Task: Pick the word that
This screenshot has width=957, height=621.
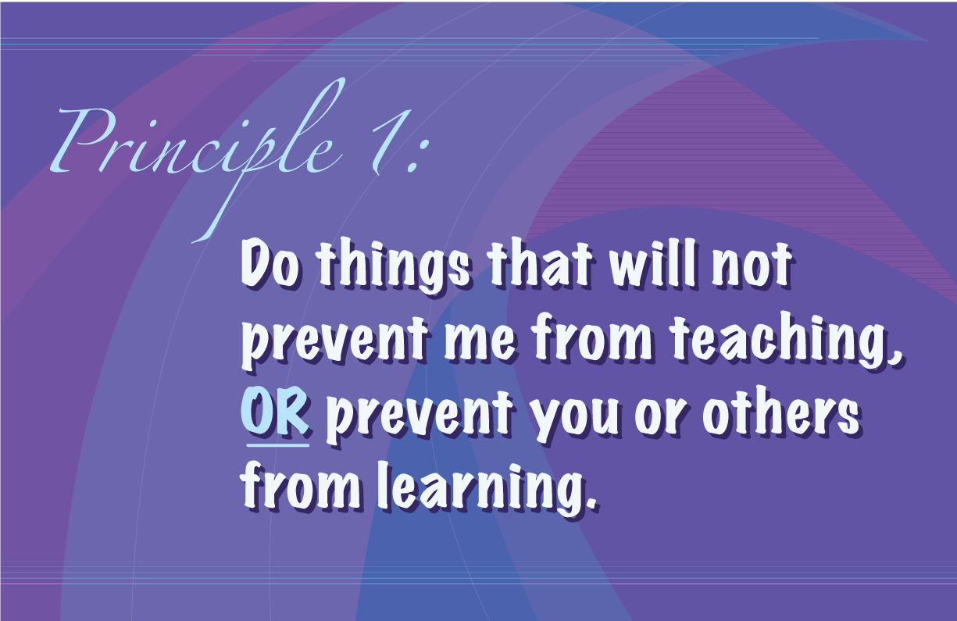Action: (541, 265)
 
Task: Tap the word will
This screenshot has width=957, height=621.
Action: (655, 265)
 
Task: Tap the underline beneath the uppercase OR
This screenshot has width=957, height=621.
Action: (278, 445)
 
